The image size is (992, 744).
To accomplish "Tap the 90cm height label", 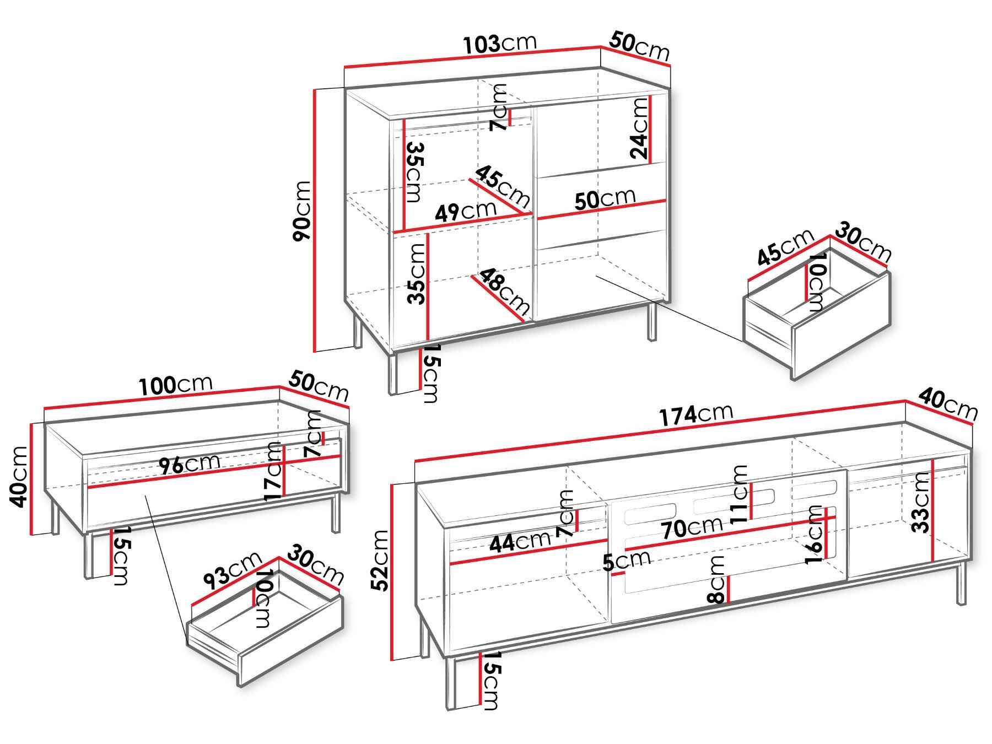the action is (302, 211).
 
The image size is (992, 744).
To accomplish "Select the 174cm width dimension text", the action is (696, 414).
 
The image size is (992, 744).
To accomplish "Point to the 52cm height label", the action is (380, 560).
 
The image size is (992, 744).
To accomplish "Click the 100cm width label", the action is (175, 385).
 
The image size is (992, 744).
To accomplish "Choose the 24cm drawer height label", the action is (640, 128).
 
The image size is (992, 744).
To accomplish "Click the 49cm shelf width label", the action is (466, 212).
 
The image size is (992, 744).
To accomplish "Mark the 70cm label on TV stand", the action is (693, 527).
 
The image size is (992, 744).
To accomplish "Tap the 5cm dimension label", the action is (627, 561).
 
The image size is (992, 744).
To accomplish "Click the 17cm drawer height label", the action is (274, 471).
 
